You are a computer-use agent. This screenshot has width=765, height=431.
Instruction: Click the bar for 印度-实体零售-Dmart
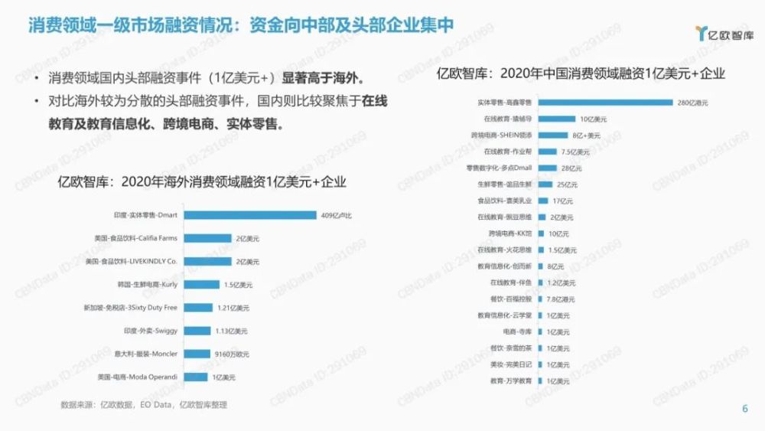[251, 215]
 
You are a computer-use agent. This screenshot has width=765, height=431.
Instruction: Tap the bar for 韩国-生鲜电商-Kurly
[202, 285]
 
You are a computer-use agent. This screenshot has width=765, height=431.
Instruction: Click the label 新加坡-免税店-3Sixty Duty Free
[130, 308]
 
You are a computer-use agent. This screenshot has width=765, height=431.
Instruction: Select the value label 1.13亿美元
[232, 331]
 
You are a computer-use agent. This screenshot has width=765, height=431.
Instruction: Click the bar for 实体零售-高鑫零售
[605, 102]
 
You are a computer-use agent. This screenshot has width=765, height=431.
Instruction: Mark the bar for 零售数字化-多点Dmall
[547, 168]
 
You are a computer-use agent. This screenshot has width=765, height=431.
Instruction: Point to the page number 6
[745, 407]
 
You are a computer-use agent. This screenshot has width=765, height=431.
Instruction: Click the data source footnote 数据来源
[144, 405]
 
